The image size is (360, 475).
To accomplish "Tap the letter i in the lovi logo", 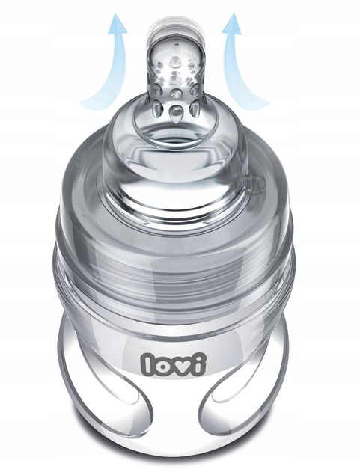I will click(206, 362).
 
